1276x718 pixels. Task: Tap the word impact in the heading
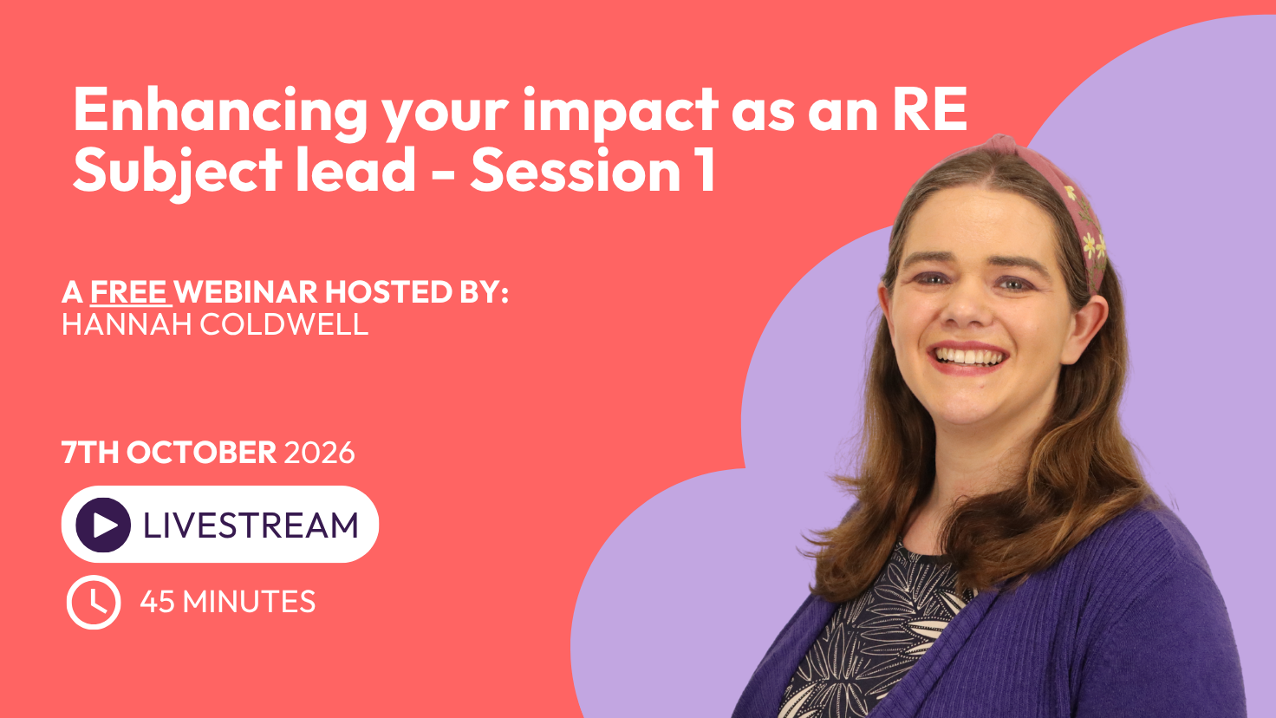[621, 114]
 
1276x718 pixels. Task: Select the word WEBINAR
[246, 291]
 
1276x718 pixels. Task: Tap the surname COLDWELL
[283, 325]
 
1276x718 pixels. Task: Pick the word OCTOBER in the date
[202, 453]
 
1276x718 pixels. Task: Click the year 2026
[319, 453]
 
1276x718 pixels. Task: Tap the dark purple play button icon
[103, 525]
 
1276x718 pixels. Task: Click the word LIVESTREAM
[251, 525]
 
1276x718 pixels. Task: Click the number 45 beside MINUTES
[157, 602]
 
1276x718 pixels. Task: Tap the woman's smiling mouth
[968, 358]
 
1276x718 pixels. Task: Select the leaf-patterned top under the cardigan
[871, 638]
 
